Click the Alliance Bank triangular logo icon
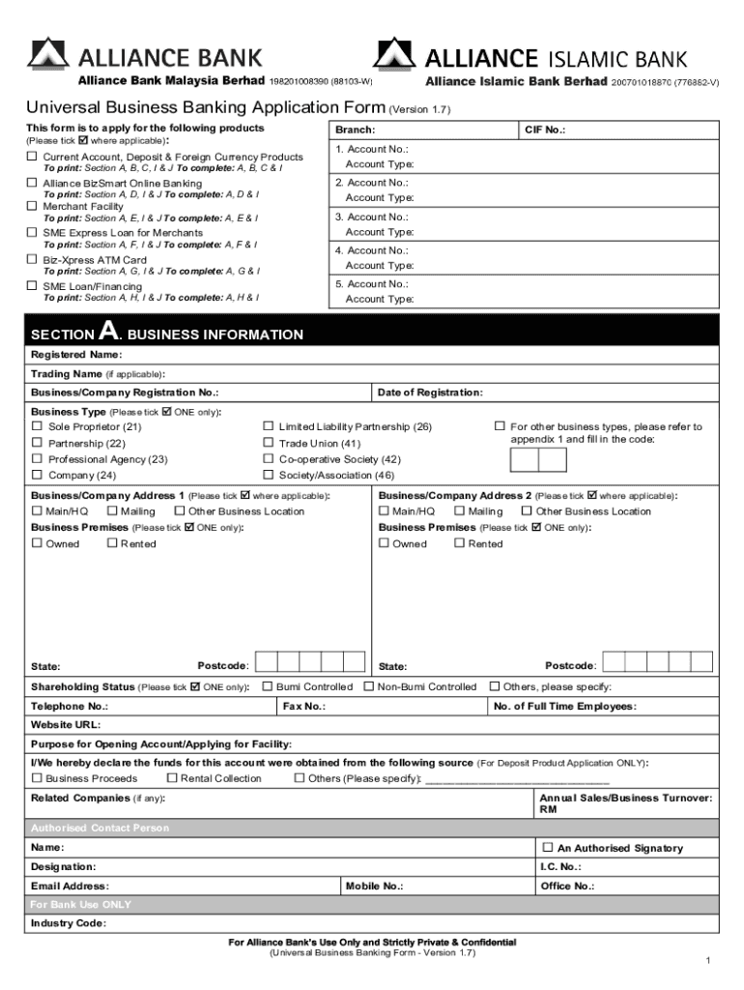(48, 54)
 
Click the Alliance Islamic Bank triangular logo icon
(395, 54)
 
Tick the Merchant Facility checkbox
(32, 206)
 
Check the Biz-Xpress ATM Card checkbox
(32, 259)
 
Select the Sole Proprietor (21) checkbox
(37, 426)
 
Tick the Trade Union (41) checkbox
(268, 443)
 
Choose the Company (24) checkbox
(37, 475)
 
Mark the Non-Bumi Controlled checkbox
(368, 686)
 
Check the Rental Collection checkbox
(172, 777)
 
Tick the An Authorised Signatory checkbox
(548, 847)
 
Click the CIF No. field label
(545, 130)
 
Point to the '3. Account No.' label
(371, 217)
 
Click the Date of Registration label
(430, 393)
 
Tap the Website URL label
(66, 724)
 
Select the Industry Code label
(68, 922)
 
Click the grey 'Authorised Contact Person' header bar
(372, 828)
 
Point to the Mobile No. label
(374, 886)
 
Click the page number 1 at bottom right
(708, 960)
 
